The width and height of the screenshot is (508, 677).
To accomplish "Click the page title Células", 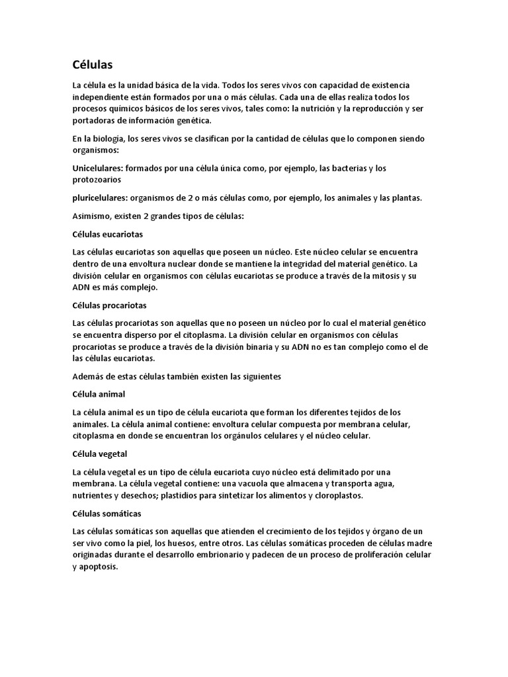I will point(93,65).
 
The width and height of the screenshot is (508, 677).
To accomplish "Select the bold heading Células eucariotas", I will point(107,234).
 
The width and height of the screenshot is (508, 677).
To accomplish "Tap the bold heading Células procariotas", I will point(109,305).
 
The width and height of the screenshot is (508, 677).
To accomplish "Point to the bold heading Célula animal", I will point(99,394).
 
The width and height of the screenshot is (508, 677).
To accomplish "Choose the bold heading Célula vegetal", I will point(99,454).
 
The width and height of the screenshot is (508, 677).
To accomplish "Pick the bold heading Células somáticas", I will point(106,514).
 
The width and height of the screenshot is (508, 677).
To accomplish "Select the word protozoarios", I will point(97,180).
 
